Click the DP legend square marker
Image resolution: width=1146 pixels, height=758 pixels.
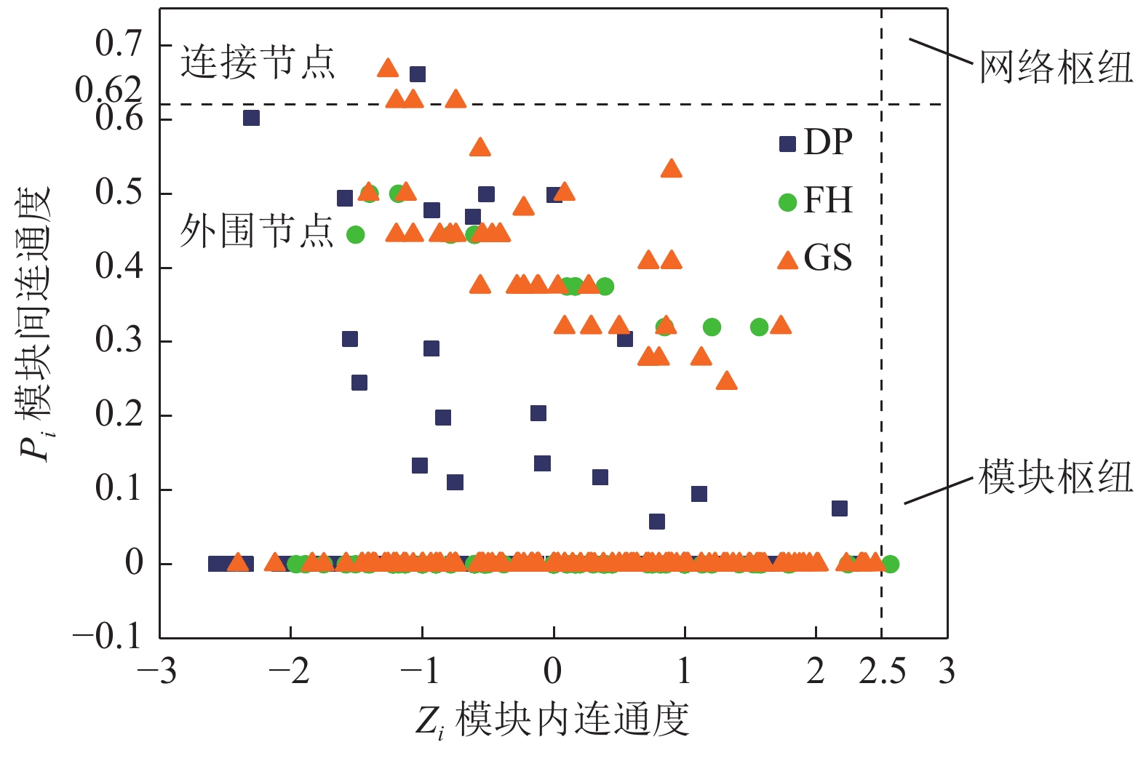[787, 144]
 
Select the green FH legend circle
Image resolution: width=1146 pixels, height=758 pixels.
[787, 202]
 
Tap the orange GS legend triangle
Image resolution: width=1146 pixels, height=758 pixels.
[787, 260]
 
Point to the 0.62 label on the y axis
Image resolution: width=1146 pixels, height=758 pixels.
[109, 90]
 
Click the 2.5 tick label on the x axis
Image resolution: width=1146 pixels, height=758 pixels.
[882, 671]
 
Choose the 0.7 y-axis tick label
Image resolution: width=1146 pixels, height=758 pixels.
[119, 44]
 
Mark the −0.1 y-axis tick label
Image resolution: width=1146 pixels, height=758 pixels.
[107, 637]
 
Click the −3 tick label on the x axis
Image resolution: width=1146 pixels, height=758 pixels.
[158, 671]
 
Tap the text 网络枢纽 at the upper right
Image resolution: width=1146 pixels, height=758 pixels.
[1055, 68]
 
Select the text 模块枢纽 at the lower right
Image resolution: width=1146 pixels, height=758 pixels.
[1055, 477]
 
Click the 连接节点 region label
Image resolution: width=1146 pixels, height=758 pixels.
[257, 62]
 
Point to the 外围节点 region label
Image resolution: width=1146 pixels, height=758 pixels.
[256, 231]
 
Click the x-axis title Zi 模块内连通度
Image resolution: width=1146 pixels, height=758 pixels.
[553, 720]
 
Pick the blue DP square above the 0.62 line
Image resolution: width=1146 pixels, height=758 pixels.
[418, 74]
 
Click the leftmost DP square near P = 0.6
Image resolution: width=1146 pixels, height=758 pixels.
[251, 117]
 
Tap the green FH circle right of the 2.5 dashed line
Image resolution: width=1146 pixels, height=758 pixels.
[891, 564]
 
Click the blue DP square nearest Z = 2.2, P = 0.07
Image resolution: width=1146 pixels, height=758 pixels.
[840, 508]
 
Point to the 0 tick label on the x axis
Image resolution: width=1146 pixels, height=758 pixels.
[553, 671]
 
